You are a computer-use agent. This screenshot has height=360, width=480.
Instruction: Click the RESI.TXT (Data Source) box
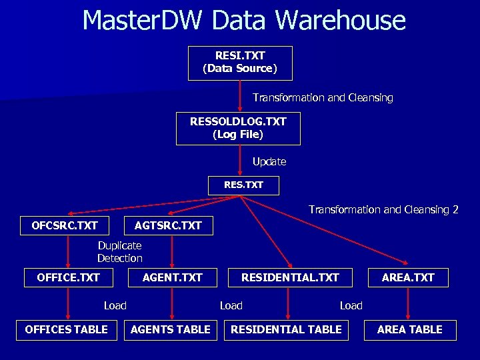click(x=240, y=63)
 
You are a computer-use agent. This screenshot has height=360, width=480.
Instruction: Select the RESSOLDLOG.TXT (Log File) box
click(x=238, y=128)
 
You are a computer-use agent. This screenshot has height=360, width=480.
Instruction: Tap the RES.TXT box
click(x=243, y=185)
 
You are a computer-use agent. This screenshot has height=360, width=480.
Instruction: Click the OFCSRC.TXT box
click(x=65, y=225)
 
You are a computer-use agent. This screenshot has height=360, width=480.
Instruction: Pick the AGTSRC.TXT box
click(x=168, y=225)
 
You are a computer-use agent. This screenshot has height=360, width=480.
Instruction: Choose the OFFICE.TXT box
click(x=69, y=277)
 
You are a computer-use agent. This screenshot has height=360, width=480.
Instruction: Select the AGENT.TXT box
click(x=172, y=277)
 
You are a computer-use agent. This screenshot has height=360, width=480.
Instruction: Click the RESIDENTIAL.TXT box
click(x=290, y=277)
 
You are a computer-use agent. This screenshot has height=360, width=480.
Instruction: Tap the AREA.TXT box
click(x=408, y=277)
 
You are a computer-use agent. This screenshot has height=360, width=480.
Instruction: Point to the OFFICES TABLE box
click(x=66, y=329)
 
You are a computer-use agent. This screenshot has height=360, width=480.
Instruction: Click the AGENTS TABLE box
click(x=171, y=329)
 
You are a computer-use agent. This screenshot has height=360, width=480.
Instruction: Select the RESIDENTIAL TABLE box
click(x=286, y=329)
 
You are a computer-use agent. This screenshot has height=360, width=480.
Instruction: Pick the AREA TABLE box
click(x=410, y=329)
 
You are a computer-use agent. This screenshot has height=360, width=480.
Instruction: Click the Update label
click(x=269, y=161)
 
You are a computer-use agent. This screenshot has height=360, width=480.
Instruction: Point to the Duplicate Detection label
click(x=120, y=252)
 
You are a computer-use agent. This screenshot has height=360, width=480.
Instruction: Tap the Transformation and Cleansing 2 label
click(x=383, y=209)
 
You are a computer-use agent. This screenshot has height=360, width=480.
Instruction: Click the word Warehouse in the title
click(x=340, y=20)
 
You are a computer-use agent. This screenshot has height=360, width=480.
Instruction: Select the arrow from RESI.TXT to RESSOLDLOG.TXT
click(x=240, y=96)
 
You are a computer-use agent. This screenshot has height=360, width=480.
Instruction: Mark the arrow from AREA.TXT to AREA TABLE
click(x=408, y=303)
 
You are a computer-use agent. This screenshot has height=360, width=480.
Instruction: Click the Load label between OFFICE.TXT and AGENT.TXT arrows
click(x=115, y=305)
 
